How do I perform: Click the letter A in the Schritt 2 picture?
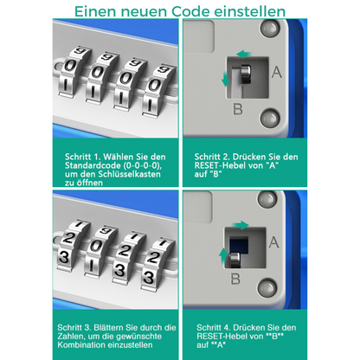276,72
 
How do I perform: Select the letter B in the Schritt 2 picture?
238,109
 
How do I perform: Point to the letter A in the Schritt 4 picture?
273,242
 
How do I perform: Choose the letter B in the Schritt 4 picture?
235,279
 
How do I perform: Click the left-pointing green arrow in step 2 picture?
244,54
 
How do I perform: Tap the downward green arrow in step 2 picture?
226,79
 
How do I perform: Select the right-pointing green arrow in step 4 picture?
241,225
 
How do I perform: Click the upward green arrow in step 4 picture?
223,255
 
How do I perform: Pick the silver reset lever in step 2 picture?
246,74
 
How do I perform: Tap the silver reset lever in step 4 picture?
235,259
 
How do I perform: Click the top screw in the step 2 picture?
270,29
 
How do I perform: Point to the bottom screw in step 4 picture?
267,287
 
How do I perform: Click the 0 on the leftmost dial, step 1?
69,66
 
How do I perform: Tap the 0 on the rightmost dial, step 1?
155,85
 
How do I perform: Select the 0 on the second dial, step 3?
95,246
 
